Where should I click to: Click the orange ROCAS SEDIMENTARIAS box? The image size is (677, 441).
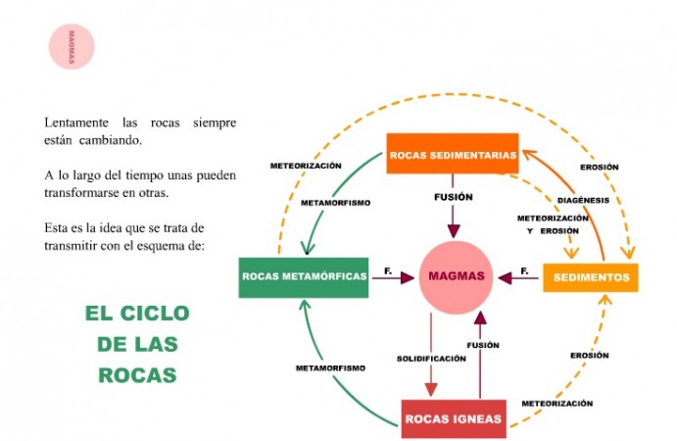pos(452,154)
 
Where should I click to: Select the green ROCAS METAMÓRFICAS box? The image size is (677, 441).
pos(304,277)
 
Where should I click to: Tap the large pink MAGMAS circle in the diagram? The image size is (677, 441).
pos(457,276)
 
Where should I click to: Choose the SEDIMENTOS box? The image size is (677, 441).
pos(591,277)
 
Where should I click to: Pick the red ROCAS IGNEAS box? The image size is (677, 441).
pos(454,419)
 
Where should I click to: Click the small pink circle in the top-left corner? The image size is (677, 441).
pos(72,46)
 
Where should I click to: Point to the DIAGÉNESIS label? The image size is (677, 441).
pos(583,200)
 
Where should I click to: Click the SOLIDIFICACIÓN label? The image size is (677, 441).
pos(431,359)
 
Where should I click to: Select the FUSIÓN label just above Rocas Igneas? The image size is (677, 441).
pos(483,345)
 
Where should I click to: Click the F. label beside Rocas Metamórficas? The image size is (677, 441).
pos(388,269)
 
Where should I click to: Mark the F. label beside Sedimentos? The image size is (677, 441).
pos(525,269)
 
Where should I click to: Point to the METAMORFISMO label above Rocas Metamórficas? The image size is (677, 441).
pos(336,203)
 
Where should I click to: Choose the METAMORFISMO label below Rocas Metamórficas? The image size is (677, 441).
pos(331,367)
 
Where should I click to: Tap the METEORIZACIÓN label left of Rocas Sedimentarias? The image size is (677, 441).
pos(307,166)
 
